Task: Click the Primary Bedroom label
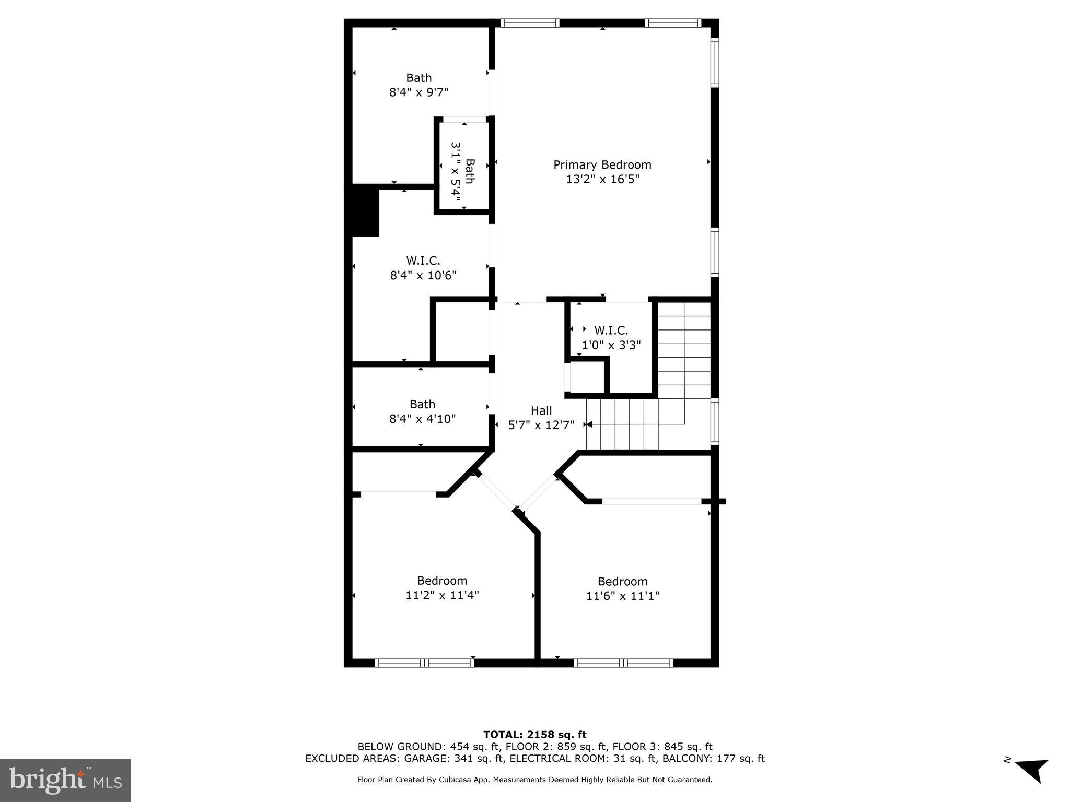point(602,165)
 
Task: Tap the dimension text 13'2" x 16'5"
point(602,180)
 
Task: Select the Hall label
point(541,410)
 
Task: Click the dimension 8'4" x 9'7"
point(418,93)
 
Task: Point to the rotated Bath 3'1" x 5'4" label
point(463,171)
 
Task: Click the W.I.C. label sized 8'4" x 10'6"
point(423,261)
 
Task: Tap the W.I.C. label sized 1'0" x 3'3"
point(611,331)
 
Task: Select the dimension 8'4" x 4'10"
point(422,419)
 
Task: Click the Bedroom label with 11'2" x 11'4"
point(441,581)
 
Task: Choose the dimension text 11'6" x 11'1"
point(622,596)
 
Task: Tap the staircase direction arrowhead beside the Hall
point(589,424)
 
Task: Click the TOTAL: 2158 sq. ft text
point(534,735)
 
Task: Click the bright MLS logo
point(65,780)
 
